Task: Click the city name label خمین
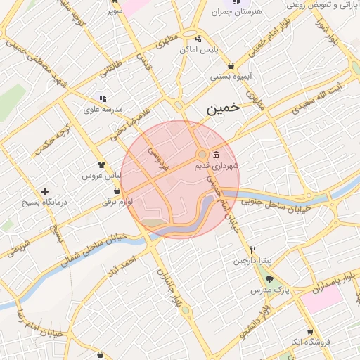click(x=224, y=109)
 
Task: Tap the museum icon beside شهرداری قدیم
click(x=215, y=154)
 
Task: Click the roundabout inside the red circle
click(x=202, y=154)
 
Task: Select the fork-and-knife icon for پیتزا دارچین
click(x=252, y=250)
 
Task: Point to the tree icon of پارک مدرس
click(x=269, y=279)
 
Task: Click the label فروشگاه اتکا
click(x=310, y=342)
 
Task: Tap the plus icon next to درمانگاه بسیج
click(x=45, y=191)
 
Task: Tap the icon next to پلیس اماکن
click(x=199, y=39)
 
